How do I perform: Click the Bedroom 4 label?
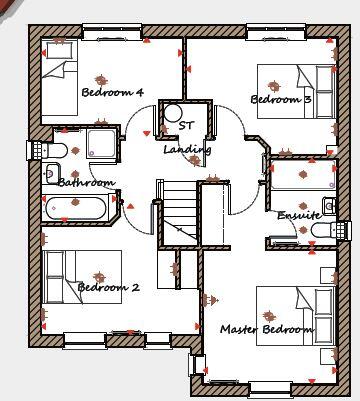coord(112,93)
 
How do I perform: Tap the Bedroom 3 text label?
coord(281,100)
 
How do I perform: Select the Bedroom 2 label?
coord(109,288)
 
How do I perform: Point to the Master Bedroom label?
coord(267,329)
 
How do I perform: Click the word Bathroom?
coord(86,183)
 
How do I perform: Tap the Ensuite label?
coord(300,216)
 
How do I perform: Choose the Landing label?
coord(187,150)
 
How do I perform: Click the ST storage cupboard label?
coord(185,126)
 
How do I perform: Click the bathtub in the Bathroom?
coord(78,209)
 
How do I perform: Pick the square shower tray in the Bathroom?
coord(101,143)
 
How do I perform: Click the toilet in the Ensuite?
coord(327,231)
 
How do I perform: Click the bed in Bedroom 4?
coord(60,79)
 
